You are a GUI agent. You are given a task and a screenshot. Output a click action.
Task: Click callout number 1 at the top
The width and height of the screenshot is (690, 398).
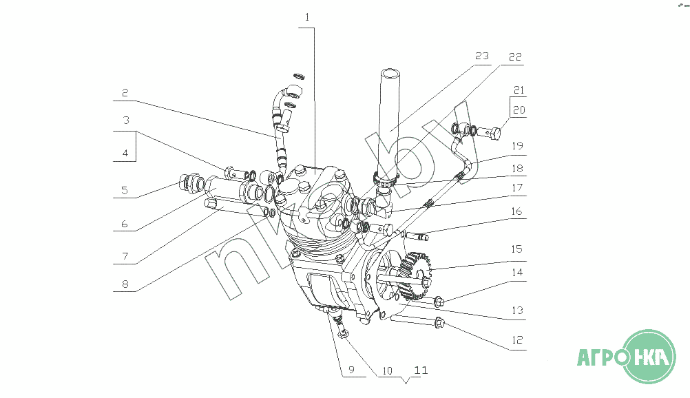click(x=306, y=17)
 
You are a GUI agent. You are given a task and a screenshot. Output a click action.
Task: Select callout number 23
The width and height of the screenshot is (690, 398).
click(x=482, y=56)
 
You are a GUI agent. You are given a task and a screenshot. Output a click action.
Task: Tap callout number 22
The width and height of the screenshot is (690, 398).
click(x=515, y=56)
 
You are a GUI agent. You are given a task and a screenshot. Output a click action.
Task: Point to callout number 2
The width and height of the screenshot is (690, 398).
click(x=125, y=93)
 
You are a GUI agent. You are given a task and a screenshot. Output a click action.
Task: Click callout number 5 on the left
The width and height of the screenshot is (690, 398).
click(x=125, y=190)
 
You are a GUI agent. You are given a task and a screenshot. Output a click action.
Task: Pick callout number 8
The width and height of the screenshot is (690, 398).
click(x=125, y=284)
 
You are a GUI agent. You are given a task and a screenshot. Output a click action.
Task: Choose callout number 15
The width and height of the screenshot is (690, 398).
click(x=516, y=249)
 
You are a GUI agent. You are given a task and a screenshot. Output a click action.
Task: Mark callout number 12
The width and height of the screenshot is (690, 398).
click(x=517, y=340)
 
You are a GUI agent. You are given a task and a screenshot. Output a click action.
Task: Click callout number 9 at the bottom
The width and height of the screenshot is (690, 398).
click(x=351, y=369)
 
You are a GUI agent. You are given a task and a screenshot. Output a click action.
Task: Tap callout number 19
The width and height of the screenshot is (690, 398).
click(x=517, y=146)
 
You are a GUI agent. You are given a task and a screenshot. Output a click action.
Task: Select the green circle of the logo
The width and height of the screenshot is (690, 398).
click(x=650, y=356)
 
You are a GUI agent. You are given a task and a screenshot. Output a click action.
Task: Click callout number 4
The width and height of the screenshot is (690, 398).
click(x=125, y=154)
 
